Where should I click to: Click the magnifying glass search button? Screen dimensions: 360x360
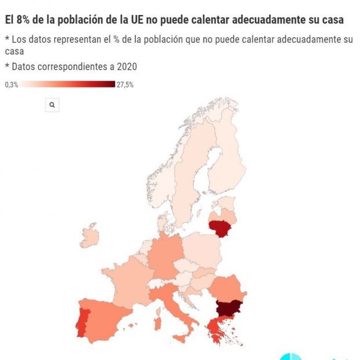pyautogui.click(x=52, y=105)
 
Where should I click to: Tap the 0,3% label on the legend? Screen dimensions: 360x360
pyautogui.click(x=12, y=85)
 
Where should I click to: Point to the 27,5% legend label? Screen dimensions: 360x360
pyautogui.click(x=125, y=85)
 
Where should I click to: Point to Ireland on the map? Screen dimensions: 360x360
pyautogui.click(x=90, y=237)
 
